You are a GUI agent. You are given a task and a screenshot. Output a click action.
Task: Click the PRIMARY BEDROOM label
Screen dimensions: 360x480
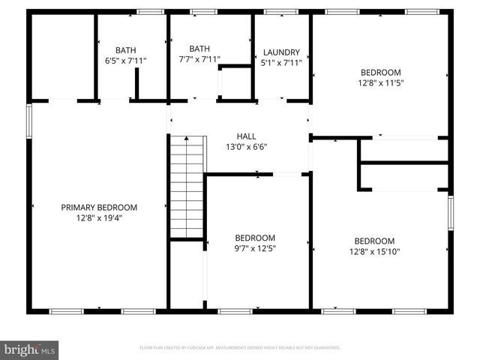tap(99, 207)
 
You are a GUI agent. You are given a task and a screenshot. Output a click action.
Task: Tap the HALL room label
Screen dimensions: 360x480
tap(246, 136)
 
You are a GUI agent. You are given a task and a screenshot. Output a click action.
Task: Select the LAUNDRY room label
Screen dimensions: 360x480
tap(281, 52)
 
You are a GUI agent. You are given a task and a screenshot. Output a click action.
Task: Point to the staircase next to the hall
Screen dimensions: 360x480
tap(186, 187)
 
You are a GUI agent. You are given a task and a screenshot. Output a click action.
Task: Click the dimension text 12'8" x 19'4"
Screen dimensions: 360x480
tap(99, 218)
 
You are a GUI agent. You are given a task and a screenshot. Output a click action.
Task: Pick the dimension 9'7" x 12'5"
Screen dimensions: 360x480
tap(255, 249)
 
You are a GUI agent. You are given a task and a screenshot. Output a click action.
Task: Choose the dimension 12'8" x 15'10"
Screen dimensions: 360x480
tap(374, 252)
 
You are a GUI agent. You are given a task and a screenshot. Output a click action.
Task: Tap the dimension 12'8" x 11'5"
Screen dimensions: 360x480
tap(380, 83)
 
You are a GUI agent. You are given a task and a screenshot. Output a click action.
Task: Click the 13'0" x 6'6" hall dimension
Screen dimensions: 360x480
tap(246, 147)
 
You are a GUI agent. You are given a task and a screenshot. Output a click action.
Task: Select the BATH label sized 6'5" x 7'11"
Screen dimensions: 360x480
tap(125, 49)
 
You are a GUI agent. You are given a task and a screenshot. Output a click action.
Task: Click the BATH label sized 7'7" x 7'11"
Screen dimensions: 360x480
tap(199, 48)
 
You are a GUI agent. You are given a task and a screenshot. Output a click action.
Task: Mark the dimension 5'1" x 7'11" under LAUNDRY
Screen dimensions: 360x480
tap(281, 63)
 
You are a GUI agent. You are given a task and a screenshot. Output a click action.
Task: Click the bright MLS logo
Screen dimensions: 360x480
tap(30, 349)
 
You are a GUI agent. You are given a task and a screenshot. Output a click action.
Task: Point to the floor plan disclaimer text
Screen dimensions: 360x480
tap(240, 348)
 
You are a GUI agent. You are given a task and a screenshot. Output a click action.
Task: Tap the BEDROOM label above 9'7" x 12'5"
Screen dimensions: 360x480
tap(255, 238)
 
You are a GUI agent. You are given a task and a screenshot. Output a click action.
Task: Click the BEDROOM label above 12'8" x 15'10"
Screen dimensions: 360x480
tap(374, 241)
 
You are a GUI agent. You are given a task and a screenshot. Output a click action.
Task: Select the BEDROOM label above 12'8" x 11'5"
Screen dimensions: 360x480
tap(380, 72)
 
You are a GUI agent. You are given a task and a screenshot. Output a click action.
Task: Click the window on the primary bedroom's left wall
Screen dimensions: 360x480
tap(30, 120)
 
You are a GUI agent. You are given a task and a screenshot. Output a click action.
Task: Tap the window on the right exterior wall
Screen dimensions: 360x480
tap(451, 211)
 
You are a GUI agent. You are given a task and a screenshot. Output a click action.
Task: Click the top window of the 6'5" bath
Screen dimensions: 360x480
tap(150, 12)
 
